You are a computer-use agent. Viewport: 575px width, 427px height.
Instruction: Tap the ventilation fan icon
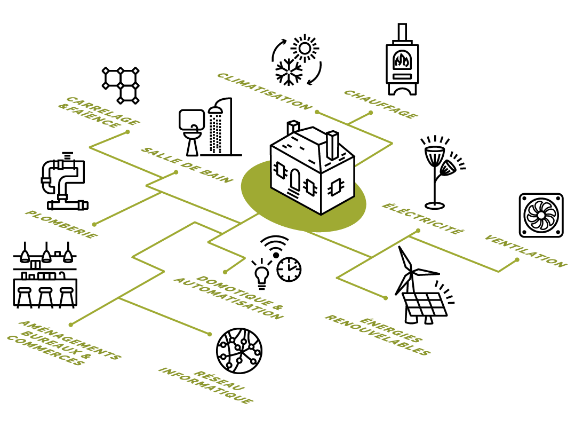[x=541, y=215]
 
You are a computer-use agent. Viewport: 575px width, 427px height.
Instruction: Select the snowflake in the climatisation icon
[x=289, y=71]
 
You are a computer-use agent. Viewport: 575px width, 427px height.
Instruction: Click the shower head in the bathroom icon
[x=216, y=110]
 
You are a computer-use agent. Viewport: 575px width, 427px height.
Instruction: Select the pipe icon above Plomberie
[x=63, y=181]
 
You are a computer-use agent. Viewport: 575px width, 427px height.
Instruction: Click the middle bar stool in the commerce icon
[x=45, y=297]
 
